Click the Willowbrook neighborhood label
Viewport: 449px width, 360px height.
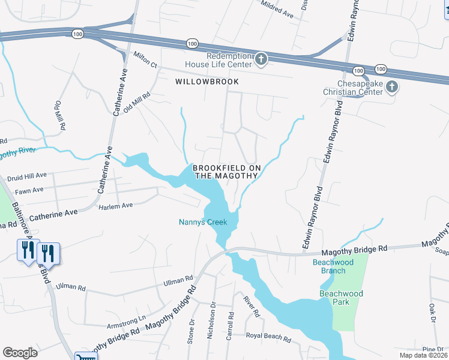pos(206,82)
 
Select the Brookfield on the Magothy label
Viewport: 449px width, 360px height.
pos(225,171)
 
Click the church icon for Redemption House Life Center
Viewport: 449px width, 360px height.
pos(261,59)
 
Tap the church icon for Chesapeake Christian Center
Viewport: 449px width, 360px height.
pos(391,88)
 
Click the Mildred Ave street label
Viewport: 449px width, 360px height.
pos(277,10)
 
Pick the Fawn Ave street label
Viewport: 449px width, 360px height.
pos(29,190)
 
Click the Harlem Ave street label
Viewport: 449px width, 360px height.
pos(115,206)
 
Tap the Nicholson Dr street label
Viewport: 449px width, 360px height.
pos(211,323)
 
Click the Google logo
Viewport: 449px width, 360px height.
pos(20,353)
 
